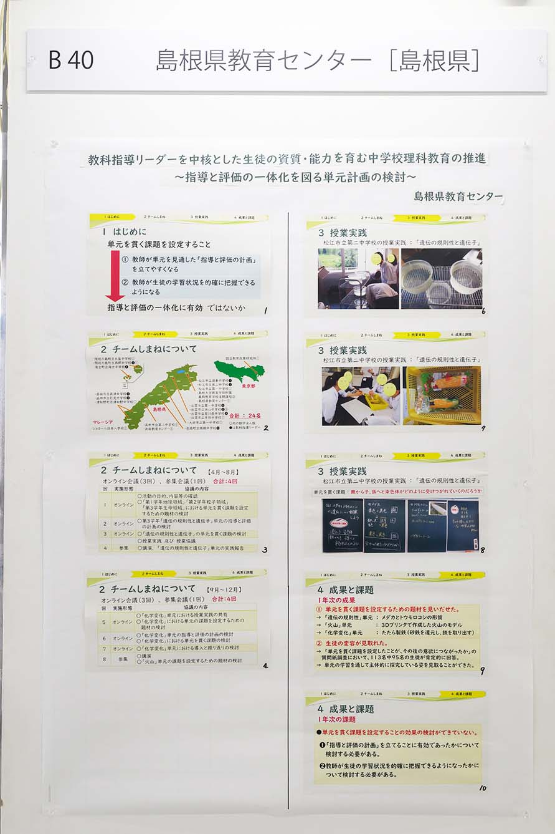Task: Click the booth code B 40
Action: point(71,60)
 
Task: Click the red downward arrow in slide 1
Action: point(115,275)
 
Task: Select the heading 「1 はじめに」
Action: point(125,231)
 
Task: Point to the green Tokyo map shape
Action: point(240,371)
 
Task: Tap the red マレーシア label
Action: point(102,422)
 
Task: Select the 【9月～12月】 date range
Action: point(227,589)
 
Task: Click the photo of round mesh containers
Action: point(442,279)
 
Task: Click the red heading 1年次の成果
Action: point(339,599)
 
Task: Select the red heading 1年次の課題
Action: point(339,719)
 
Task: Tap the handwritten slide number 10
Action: point(483,788)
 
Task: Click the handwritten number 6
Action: point(483,311)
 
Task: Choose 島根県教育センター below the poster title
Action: point(458,196)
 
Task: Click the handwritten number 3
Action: point(265,550)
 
